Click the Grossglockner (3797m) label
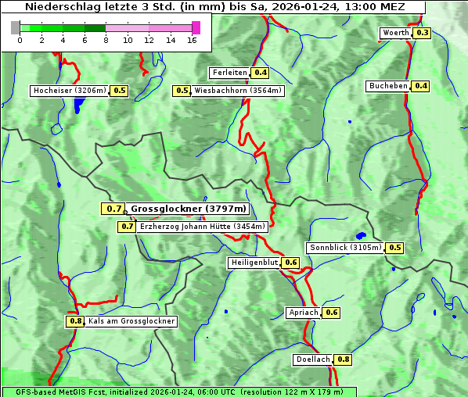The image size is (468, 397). (x=188, y=209)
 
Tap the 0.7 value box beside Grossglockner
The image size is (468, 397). (x=113, y=209)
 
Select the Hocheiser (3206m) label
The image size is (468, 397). (x=69, y=91)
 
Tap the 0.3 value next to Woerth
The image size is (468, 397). (x=422, y=33)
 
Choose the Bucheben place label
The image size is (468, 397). (x=388, y=86)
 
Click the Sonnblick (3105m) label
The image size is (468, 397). (x=345, y=248)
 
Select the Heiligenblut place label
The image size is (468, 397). (x=254, y=263)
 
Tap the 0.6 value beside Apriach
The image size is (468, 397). (x=331, y=313)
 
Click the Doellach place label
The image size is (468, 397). (x=313, y=359)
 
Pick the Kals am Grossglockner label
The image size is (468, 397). (x=131, y=321)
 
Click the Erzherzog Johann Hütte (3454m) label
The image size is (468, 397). (x=202, y=227)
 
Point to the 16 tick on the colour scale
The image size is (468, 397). (x=192, y=40)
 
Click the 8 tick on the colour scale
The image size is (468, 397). (x=106, y=40)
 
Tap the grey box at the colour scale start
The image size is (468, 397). (x=16, y=27)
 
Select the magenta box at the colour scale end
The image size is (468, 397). (x=196, y=27)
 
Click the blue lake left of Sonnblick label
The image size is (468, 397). (x=361, y=235)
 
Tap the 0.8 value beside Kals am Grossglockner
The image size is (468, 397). (x=75, y=321)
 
